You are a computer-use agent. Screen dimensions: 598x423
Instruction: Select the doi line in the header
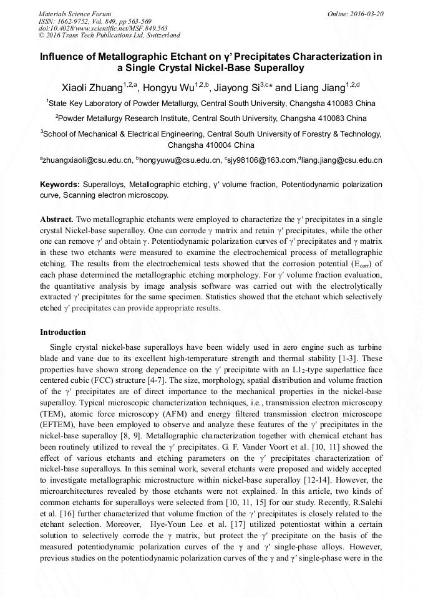point(103,28)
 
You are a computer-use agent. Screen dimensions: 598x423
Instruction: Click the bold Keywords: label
point(60,185)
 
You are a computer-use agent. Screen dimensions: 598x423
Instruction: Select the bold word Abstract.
point(57,219)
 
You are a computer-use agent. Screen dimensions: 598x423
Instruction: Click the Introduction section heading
point(63,332)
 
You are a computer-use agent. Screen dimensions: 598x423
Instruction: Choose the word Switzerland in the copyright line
point(159,36)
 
